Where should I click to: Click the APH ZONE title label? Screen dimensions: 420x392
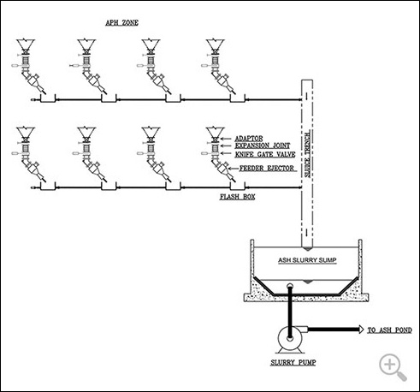(121, 23)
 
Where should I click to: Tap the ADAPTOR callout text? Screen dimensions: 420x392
(249, 139)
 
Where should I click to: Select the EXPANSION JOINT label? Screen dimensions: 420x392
(263, 146)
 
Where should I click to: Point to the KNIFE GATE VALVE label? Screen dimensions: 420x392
(265, 154)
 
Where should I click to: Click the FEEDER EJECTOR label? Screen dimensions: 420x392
(267, 169)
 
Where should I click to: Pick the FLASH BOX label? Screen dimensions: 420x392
(237, 197)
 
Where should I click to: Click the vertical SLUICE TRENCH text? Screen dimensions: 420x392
(307, 155)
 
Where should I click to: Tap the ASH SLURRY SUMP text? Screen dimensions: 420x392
(307, 260)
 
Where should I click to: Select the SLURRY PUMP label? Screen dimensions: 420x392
(293, 363)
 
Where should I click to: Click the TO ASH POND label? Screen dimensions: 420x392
(389, 330)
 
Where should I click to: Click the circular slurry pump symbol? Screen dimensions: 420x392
(290, 338)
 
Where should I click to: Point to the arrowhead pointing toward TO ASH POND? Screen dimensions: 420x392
(361, 330)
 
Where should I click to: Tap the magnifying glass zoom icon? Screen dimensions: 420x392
(393, 367)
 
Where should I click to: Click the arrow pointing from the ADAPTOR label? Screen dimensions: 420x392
(225, 139)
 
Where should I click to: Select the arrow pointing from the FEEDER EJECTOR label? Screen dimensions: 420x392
(234, 169)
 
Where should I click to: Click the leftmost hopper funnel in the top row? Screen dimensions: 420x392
(26, 45)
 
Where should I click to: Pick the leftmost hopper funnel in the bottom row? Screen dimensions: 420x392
(26, 132)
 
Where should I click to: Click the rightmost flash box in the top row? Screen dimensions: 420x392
(238, 98)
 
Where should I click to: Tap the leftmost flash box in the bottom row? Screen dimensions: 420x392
(48, 186)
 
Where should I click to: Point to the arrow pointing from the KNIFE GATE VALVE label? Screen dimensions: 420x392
(227, 153)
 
